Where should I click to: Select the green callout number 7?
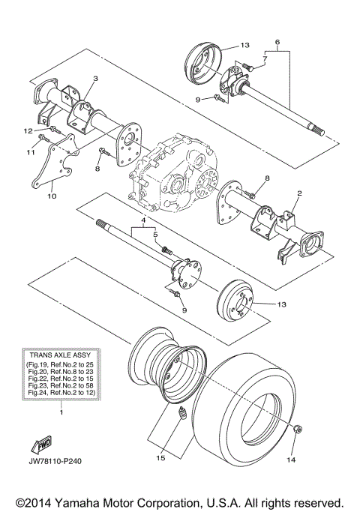pyautogui.click(x=265, y=57)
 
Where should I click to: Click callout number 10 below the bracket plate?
pyautogui.click(x=52, y=196)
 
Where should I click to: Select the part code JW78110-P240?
pyautogui.click(x=60, y=460)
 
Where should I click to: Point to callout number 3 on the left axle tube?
pyautogui.click(x=95, y=78)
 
